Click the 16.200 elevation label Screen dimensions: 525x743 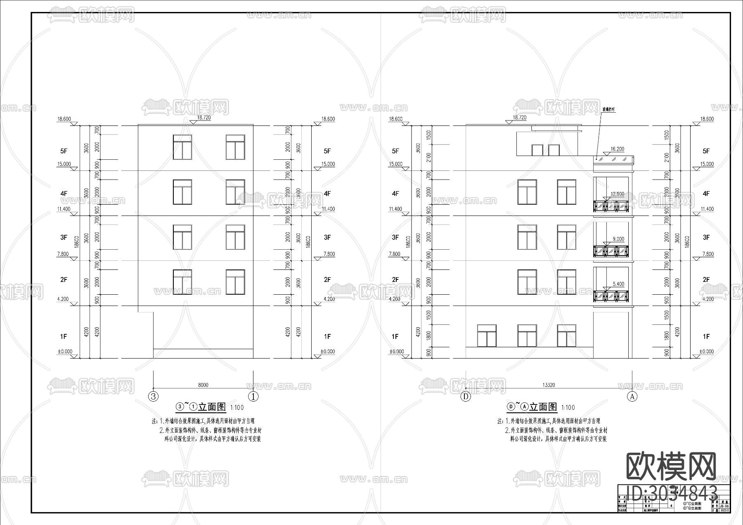[x=618, y=149]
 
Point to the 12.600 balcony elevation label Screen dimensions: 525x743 [x=618, y=194]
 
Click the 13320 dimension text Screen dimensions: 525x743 [x=549, y=385]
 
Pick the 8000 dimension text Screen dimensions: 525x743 [x=203, y=385]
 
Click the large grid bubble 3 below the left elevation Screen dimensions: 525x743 [x=154, y=397]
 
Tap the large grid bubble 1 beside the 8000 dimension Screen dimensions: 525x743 [x=253, y=397]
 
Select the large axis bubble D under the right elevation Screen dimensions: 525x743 [x=466, y=397]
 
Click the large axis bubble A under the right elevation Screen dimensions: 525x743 [x=632, y=397]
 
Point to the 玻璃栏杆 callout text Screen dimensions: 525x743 [x=608, y=110]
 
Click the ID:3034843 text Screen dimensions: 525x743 [x=671, y=492]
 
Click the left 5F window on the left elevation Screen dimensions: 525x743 [x=182, y=147]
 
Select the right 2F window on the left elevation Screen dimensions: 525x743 [x=235, y=282]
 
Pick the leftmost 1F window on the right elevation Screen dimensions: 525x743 [x=487, y=336]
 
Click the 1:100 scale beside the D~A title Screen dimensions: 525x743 [x=568, y=408]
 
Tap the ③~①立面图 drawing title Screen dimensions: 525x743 [x=201, y=407]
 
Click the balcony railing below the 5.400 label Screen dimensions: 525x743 [x=611, y=296]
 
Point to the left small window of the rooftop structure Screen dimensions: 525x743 [x=537, y=150]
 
